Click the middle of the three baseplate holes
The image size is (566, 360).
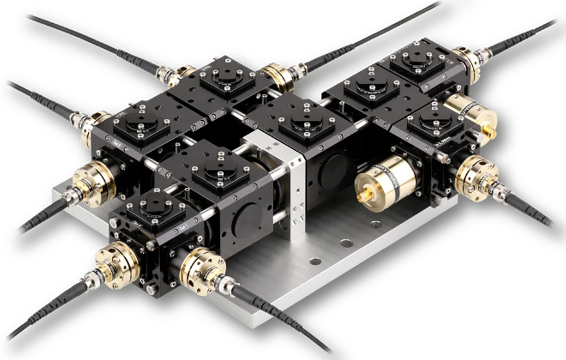[x=347, y=244]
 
